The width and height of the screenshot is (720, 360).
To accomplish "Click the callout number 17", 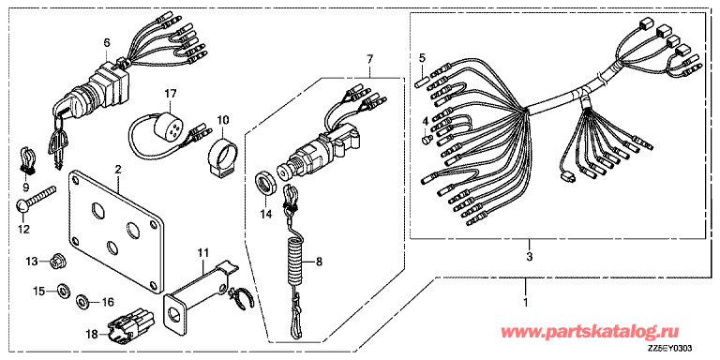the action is (170, 94).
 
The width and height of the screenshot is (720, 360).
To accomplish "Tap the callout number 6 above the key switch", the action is (107, 43).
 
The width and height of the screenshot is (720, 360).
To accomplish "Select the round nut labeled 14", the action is (266, 184).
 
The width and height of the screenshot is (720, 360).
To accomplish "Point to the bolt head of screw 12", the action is (22, 205).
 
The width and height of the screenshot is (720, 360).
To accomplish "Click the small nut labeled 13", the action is (58, 262).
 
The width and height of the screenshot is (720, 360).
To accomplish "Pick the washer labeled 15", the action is (63, 291).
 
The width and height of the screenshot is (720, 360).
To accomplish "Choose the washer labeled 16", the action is (83, 301).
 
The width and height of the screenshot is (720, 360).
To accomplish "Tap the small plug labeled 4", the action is (427, 137).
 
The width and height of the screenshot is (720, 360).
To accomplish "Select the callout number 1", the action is (526, 303).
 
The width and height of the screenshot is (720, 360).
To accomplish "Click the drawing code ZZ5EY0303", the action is (670, 348).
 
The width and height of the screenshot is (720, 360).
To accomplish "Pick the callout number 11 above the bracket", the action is (202, 251).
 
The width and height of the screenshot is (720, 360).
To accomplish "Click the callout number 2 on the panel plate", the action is (118, 170).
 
